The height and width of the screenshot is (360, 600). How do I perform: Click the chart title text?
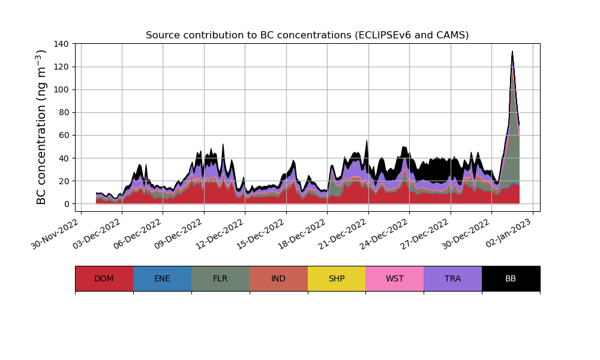click(307, 35)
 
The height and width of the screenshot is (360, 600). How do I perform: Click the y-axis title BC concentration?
click(41, 127)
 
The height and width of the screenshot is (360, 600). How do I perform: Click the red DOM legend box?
click(104, 278)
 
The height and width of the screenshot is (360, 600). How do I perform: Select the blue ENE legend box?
click(162, 278)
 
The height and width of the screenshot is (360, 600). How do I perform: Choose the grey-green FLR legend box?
click(220, 278)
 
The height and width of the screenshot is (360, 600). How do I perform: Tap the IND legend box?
click(278, 278)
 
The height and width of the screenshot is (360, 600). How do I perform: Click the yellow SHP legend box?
click(337, 278)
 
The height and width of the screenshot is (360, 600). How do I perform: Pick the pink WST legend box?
click(395, 278)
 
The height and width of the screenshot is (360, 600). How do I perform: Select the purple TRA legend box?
click(453, 278)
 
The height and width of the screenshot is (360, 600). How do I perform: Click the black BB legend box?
click(511, 278)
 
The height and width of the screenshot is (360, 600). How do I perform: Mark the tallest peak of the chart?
click(512, 52)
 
